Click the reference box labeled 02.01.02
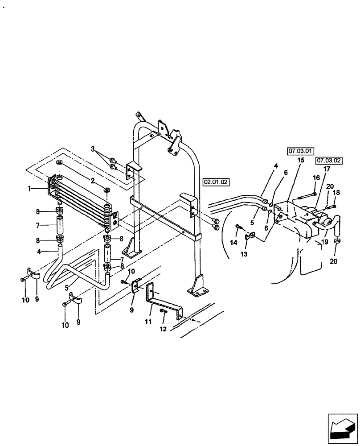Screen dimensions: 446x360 coord(216,182)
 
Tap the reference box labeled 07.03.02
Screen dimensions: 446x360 coord(328,160)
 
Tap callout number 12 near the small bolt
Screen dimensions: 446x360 coord(163,329)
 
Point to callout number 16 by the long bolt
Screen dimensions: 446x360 coord(316,178)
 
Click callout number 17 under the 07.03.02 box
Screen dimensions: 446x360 coord(327,169)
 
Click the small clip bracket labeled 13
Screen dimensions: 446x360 coord(250,238)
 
